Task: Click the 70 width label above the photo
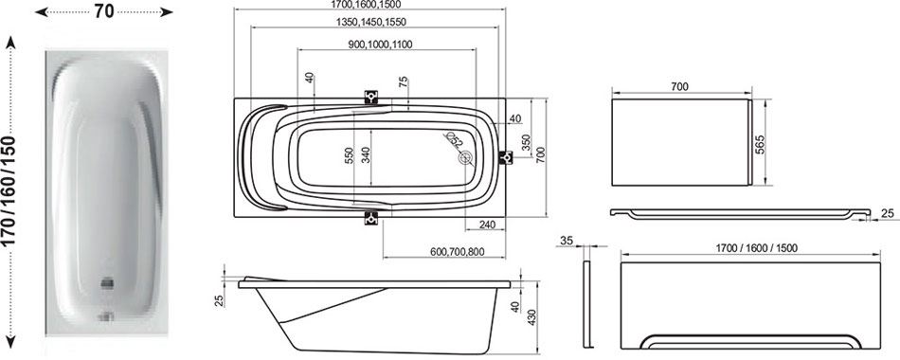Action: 104,11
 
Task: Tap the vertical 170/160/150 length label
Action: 9,191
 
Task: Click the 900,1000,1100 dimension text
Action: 380,45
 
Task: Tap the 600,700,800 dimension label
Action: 457,251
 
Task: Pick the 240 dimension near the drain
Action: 485,225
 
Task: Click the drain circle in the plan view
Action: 465,156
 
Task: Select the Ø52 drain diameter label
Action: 454,139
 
